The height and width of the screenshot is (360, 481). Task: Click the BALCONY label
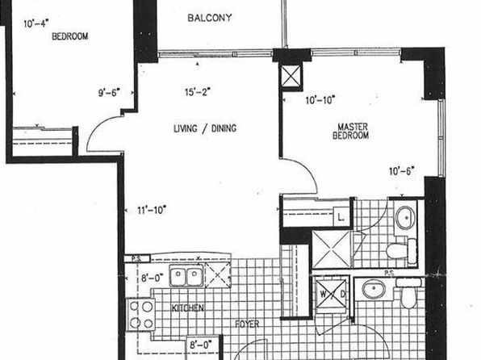[x=210, y=18]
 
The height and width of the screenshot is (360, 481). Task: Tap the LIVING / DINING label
[x=205, y=128]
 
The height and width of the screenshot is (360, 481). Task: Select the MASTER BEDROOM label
[x=350, y=131]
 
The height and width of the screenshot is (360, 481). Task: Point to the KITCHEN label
[x=187, y=308]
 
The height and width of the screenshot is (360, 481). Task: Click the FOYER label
[x=247, y=324]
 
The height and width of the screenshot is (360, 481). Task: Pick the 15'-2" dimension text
[x=198, y=92]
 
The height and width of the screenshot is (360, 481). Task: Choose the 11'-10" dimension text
[x=152, y=210]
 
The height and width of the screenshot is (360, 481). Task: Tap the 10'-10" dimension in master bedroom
[x=320, y=100]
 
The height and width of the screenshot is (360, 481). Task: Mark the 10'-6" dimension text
[x=402, y=171]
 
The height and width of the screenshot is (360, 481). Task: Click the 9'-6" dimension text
[x=109, y=92]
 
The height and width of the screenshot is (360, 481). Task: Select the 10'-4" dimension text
[x=36, y=23]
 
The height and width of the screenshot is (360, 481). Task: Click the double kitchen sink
[x=186, y=277]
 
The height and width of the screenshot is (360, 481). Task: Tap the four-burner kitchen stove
[x=140, y=314]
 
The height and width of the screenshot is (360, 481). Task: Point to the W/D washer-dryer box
[x=333, y=294]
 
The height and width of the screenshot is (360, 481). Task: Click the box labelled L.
[x=341, y=217]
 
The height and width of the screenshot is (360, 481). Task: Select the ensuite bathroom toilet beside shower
[x=401, y=250]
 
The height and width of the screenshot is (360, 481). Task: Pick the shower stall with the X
[x=332, y=249]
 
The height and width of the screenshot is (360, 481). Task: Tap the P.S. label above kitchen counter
[x=136, y=259]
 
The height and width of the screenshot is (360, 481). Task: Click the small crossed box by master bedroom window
[x=291, y=76]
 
